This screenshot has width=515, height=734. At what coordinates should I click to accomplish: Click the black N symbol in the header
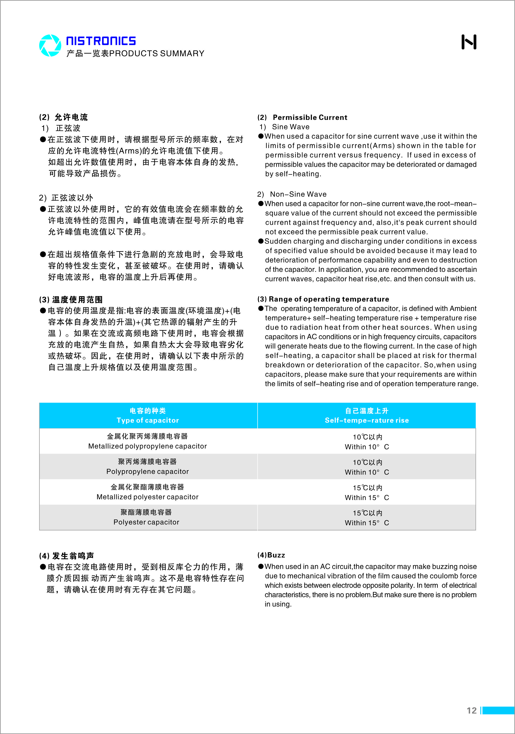coord(469,42)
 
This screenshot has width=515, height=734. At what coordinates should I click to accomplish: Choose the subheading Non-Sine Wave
coord(298,194)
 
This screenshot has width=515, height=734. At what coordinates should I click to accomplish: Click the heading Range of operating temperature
coord(329,299)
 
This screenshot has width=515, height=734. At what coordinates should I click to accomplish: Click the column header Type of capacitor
coord(148,420)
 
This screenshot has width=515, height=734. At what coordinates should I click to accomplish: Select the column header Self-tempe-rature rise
coord(367,420)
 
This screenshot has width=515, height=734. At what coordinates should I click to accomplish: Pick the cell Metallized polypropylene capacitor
coord(148,446)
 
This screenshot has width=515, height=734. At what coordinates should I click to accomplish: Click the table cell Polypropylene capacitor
coord(148,471)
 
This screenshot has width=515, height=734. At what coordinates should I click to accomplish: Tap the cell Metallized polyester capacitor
coord(148,497)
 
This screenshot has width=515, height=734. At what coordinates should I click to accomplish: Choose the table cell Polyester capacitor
coord(146,522)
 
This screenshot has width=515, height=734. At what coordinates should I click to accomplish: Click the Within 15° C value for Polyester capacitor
coord(367,523)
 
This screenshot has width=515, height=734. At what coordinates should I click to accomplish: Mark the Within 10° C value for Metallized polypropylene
coord(367,447)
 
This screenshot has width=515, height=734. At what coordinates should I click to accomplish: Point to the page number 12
coord(471,710)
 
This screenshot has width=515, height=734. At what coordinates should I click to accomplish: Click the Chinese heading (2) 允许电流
coord(63,117)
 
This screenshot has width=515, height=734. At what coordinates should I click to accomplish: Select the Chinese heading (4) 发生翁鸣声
coord(66,556)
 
